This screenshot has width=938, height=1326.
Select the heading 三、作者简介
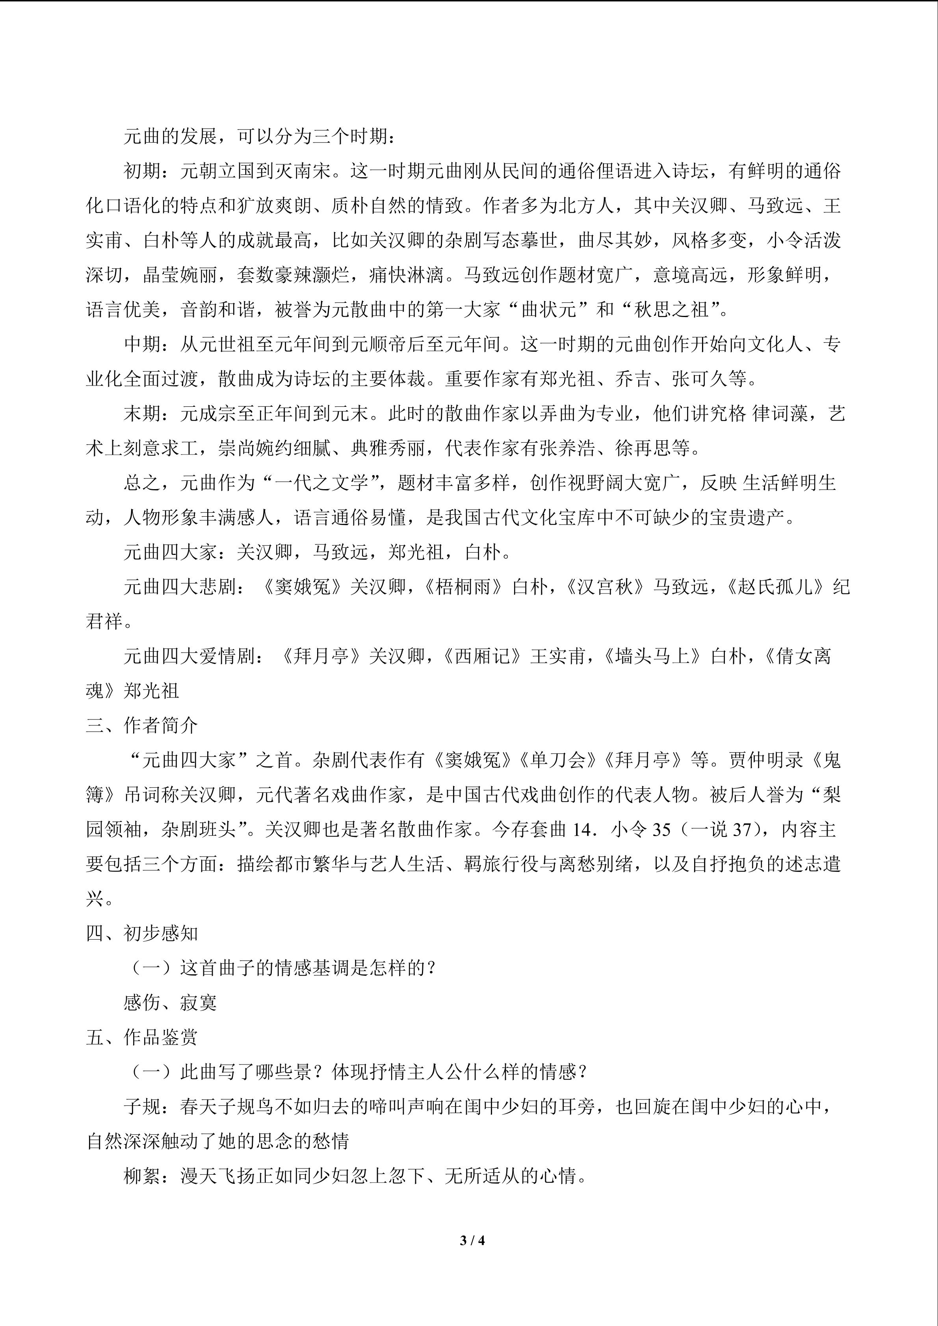(142, 726)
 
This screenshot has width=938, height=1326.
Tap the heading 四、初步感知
(142, 934)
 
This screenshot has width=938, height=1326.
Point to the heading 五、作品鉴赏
(142, 1038)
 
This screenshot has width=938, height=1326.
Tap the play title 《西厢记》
(482, 657)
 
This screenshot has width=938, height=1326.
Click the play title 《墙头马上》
(653, 657)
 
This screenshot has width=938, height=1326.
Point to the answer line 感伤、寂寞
(171, 1003)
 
